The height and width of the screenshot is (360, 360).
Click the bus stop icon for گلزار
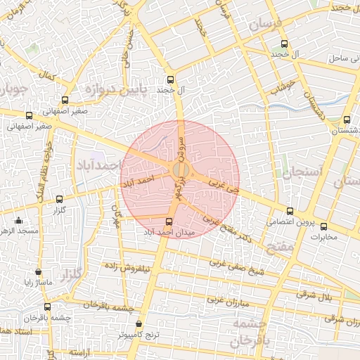[59, 200]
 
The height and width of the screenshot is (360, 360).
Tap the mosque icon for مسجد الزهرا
[18, 221]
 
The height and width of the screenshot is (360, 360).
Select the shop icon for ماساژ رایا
[38, 272]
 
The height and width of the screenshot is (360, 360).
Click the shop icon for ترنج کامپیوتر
[138, 325]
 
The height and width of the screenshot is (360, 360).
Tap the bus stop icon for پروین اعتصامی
[290, 211]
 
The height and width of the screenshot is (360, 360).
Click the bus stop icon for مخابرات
[323, 226]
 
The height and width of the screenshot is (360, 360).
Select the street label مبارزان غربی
[229, 298]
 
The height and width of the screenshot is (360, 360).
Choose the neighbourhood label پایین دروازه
[117, 89]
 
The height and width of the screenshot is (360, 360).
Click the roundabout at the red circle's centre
[180, 170]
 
